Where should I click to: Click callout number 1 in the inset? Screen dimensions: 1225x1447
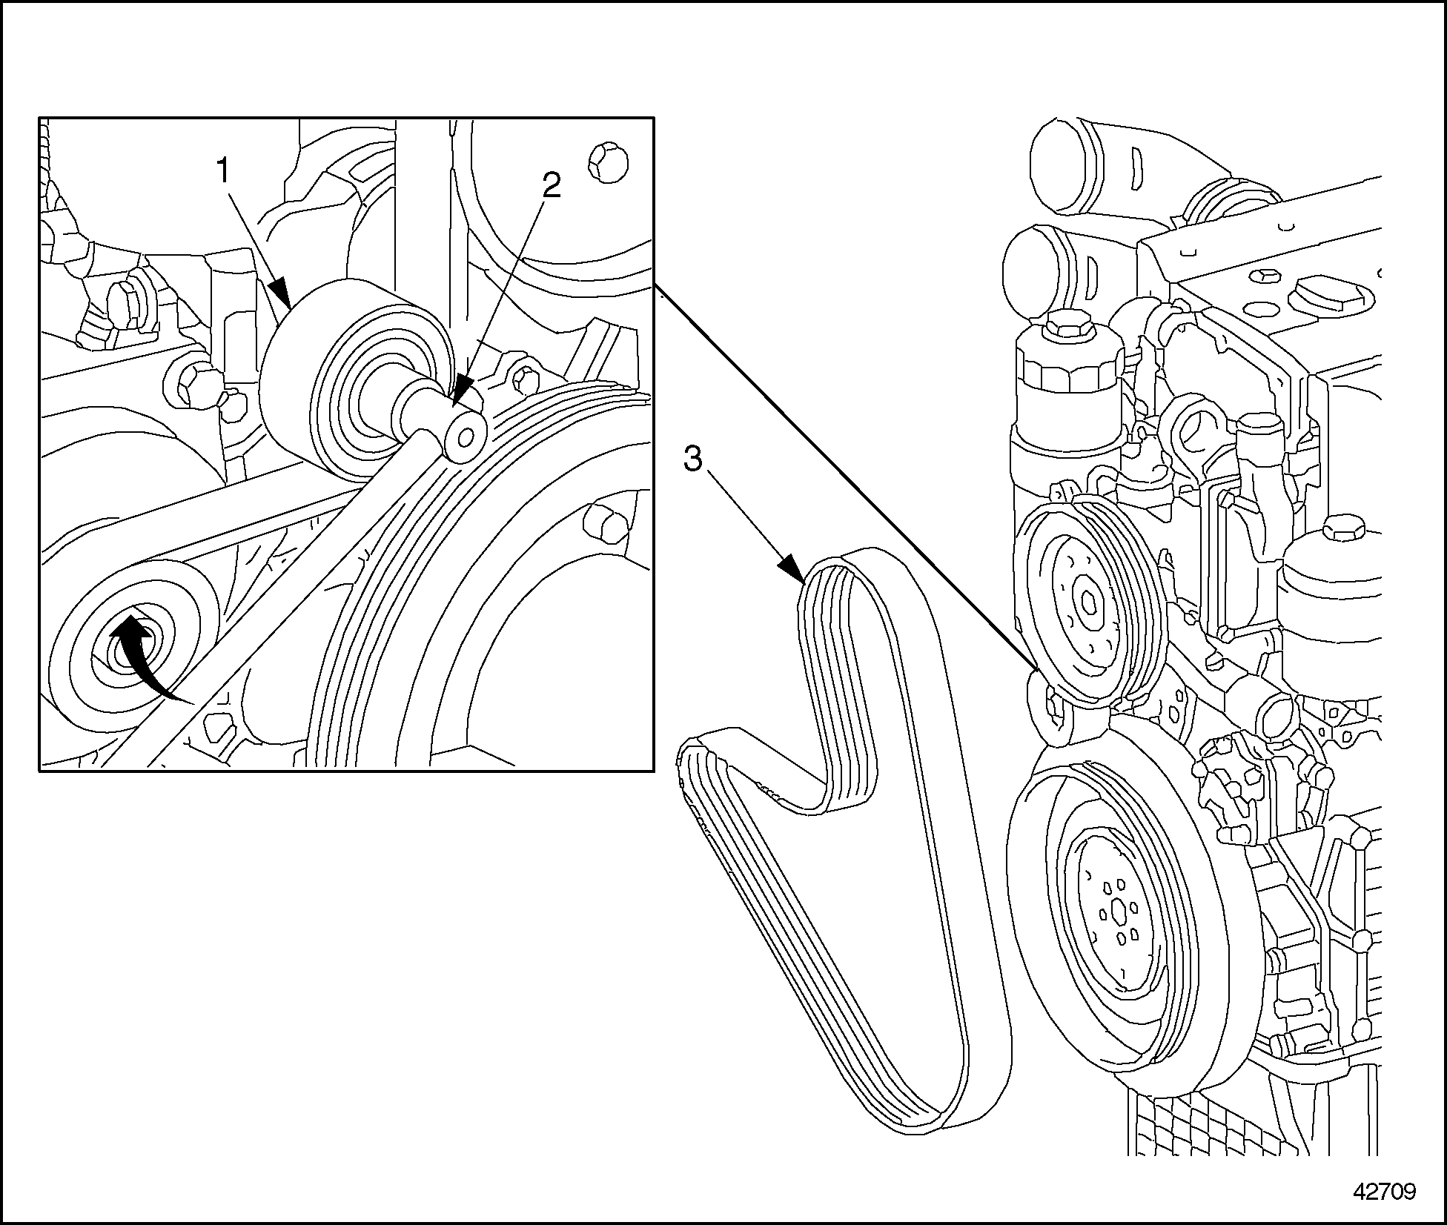223,173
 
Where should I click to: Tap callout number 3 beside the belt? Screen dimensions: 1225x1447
692,459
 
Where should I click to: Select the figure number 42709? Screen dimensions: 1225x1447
1384,1192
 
